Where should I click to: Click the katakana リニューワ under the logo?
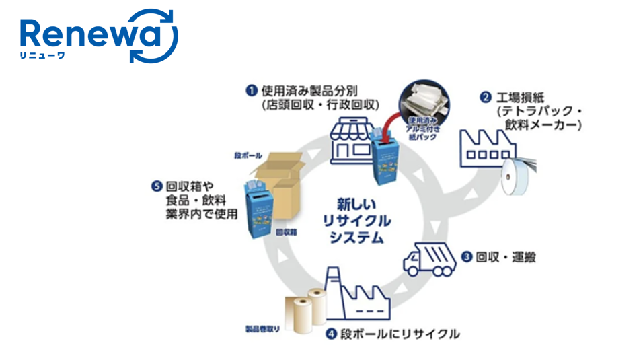(42, 56)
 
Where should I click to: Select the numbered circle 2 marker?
(485, 97)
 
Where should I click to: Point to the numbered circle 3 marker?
(466, 257)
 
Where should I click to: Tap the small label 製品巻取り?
(262, 330)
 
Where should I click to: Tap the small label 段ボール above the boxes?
(248, 155)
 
